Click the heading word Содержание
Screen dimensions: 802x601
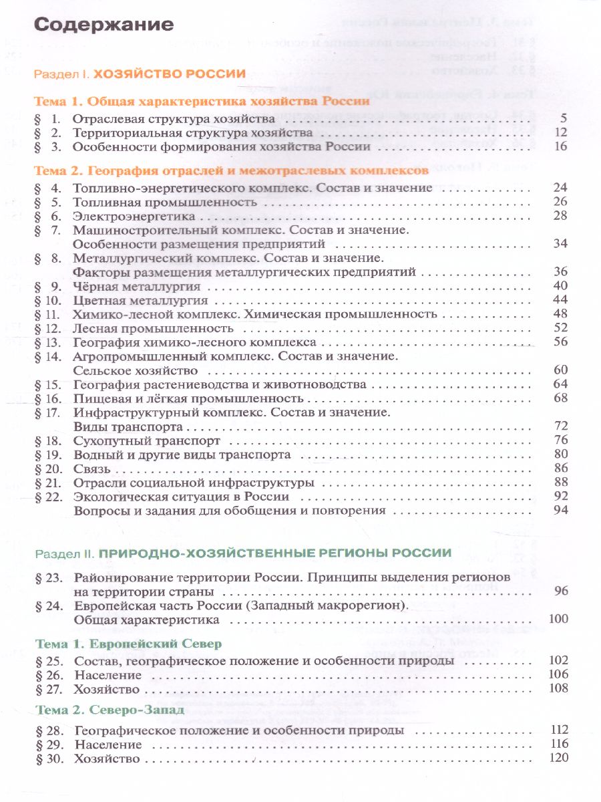point(104,25)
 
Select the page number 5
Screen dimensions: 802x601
point(564,119)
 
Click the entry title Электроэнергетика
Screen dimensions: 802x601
point(134,216)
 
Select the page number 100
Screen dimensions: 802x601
point(557,619)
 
